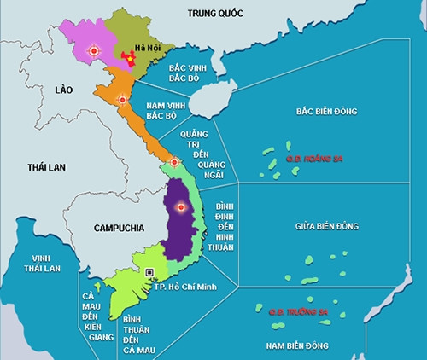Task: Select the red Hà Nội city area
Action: coord(130,59)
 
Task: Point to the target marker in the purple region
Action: coord(180,207)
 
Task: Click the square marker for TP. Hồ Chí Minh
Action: coord(150,272)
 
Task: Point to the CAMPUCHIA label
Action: coord(117,229)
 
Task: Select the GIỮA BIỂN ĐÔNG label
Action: coord(327,225)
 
